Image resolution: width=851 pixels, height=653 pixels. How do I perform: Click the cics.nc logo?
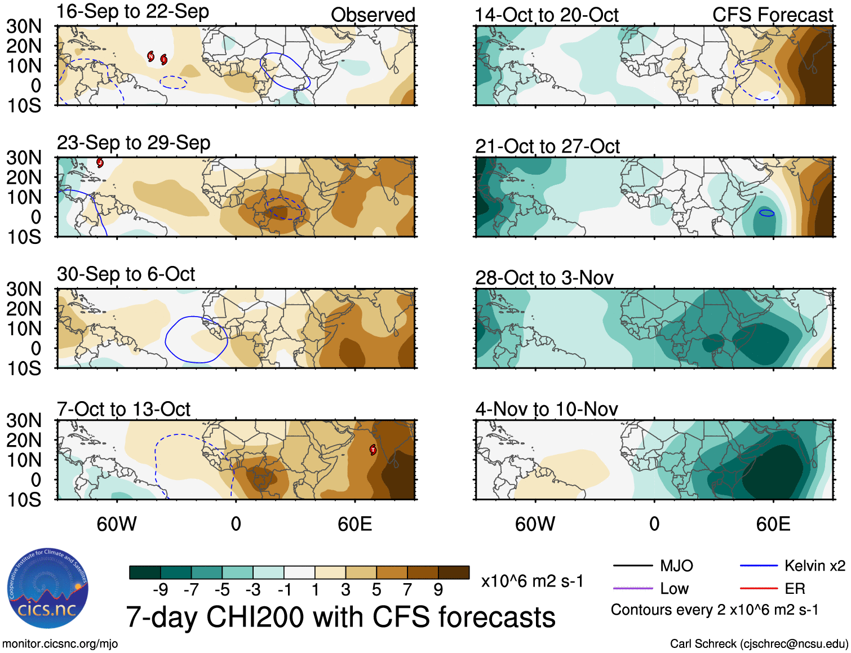[48, 589]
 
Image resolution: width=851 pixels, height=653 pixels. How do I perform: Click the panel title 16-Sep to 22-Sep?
[133, 12]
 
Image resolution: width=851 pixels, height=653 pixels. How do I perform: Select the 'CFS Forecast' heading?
[772, 15]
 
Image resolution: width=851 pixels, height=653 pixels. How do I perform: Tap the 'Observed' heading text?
[373, 15]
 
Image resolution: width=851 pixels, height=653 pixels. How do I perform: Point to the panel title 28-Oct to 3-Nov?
[544, 278]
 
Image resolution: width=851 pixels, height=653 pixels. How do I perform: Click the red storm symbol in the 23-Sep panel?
[100, 163]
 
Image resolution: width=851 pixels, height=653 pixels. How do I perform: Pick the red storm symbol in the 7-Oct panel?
[373, 450]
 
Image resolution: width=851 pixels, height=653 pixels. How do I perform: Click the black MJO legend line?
[632, 566]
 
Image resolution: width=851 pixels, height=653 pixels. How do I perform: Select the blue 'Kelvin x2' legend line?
[759, 566]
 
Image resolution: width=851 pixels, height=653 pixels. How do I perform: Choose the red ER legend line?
[759, 589]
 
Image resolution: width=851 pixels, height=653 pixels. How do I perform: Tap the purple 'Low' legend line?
[632, 589]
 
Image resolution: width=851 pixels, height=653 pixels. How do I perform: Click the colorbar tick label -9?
[160, 590]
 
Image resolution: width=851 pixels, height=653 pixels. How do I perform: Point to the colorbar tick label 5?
[376, 590]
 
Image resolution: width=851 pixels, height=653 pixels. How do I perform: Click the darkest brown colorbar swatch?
[454, 572]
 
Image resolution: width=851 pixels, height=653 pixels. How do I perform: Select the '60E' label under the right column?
[773, 525]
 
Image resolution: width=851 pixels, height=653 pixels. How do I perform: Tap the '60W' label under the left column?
[117, 525]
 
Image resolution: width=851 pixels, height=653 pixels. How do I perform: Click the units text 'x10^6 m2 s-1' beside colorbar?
[532, 581]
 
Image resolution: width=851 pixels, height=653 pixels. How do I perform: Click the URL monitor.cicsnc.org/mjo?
[60, 644]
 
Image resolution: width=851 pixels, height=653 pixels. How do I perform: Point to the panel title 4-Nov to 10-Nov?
[546, 409]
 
